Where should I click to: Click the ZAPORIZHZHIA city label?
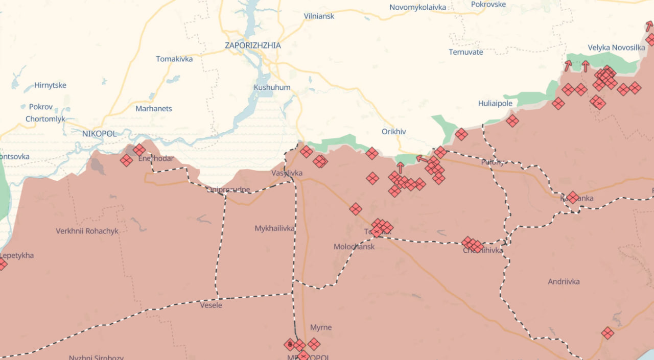tap(252, 45)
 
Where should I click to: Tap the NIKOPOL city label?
tap(99, 133)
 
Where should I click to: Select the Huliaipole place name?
tap(495, 103)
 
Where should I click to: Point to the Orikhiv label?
tap(393, 131)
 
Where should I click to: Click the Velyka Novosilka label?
tap(616, 47)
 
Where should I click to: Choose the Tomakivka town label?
tap(174, 59)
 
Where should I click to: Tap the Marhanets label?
tap(153, 108)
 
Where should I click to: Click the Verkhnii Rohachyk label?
tap(87, 231)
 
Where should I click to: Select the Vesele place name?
tap(211, 305)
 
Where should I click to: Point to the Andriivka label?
tap(564, 281)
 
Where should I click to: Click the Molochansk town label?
tap(354, 247)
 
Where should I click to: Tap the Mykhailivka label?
tap(274, 228)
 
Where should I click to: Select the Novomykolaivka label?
tap(417, 7)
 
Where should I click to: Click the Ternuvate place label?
tap(465, 52)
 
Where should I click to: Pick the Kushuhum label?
tap(272, 87)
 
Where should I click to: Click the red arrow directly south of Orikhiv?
tap(400, 166)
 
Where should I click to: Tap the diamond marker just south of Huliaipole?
tap(512, 121)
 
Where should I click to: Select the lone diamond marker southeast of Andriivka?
tap(607, 333)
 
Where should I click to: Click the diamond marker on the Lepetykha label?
tap(2, 264)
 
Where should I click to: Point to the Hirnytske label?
tap(50, 85)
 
